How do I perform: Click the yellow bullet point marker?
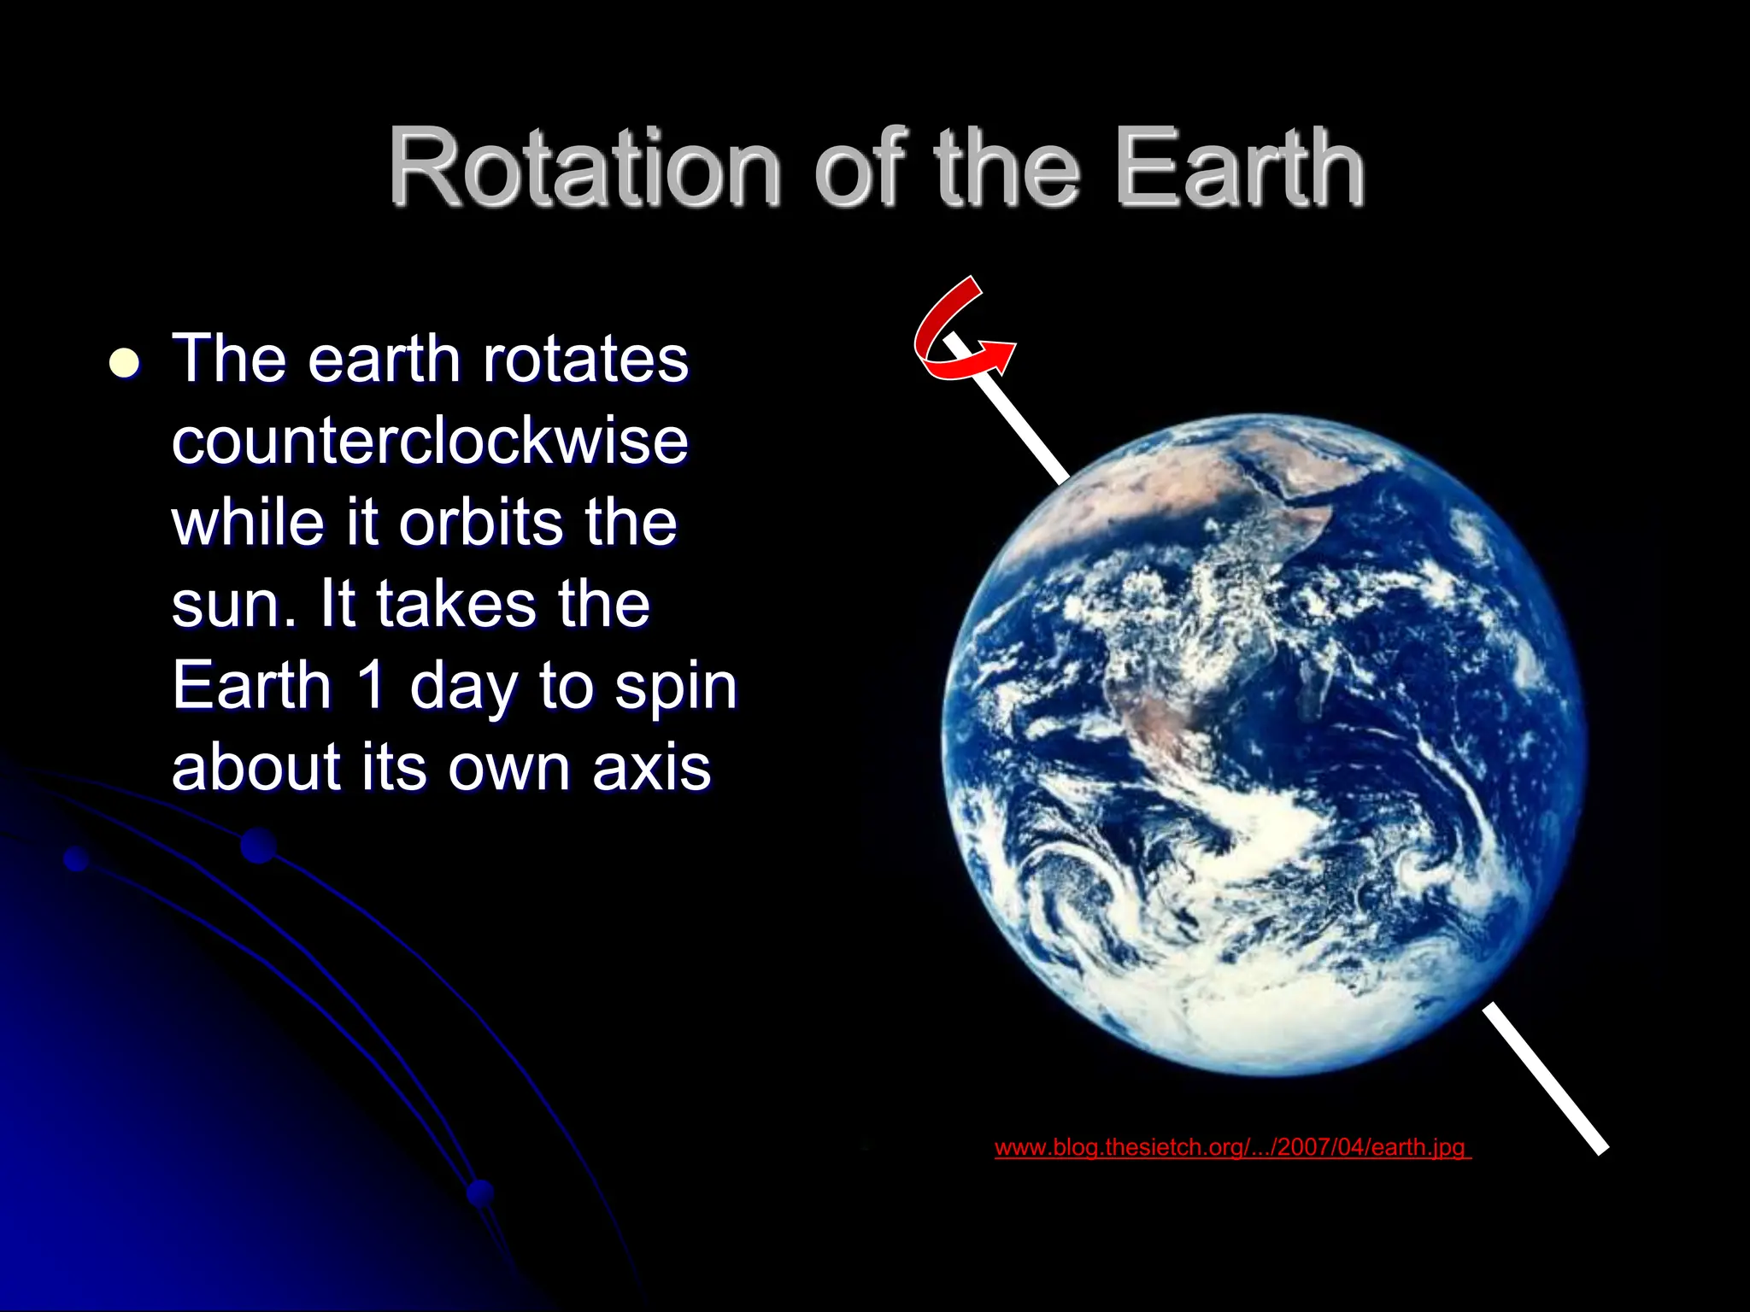pos(125,363)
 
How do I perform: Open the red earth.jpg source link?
pos(1231,1147)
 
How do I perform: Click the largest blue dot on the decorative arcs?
pos(258,846)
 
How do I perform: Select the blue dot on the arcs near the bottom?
pos(481,1192)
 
